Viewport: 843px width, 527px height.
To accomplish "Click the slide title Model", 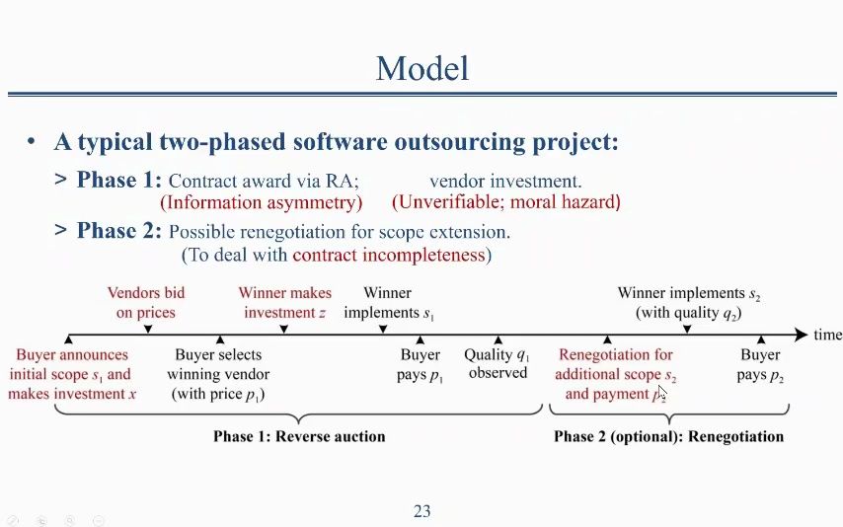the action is (x=422, y=68).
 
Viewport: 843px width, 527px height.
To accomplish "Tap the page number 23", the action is (x=422, y=510).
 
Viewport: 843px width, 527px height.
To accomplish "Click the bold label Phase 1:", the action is (x=118, y=180).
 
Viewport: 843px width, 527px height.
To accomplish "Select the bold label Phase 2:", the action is (x=118, y=231).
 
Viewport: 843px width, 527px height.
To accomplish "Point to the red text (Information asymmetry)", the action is (x=262, y=202).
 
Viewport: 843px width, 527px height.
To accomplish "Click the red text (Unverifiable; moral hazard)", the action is (x=506, y=202).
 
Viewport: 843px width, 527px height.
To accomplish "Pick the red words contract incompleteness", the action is (x=389, y=255).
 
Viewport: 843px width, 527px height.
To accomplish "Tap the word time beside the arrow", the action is (x=827, y=335).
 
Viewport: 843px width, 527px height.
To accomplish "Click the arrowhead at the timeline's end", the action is (x=802, y=335).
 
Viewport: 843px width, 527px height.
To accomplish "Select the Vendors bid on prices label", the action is (x=146, y=303).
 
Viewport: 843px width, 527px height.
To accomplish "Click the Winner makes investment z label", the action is (x=285, y=303).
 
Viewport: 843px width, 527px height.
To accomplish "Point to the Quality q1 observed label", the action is (x=498, y=364).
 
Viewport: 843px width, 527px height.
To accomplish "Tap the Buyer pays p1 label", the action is (x=420, y=365).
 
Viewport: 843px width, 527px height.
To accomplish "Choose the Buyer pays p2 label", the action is (x=760, y=365).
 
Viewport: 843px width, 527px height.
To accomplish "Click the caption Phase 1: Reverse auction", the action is (x=299, y=436).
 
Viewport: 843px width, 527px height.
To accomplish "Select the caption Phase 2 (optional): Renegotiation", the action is (x=669, y=436).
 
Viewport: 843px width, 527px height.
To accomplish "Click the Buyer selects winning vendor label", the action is (x=218, y=375).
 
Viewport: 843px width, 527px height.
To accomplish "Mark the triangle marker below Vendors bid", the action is (x=148, y=329).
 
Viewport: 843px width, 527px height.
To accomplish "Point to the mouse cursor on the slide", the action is (x=661, y=393).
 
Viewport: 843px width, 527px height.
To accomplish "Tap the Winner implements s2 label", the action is (x=689, y=303).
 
